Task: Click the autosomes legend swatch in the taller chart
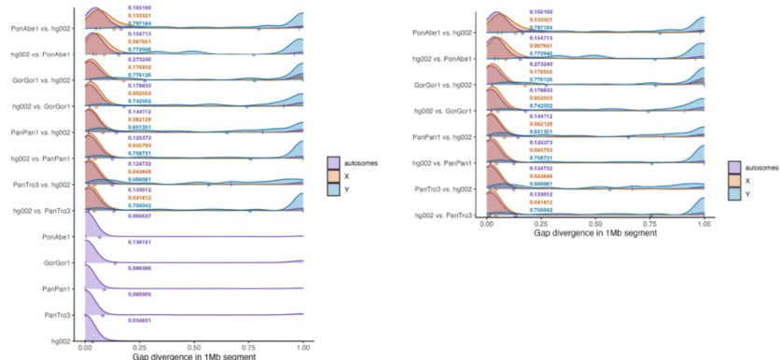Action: tap(333, 163)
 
